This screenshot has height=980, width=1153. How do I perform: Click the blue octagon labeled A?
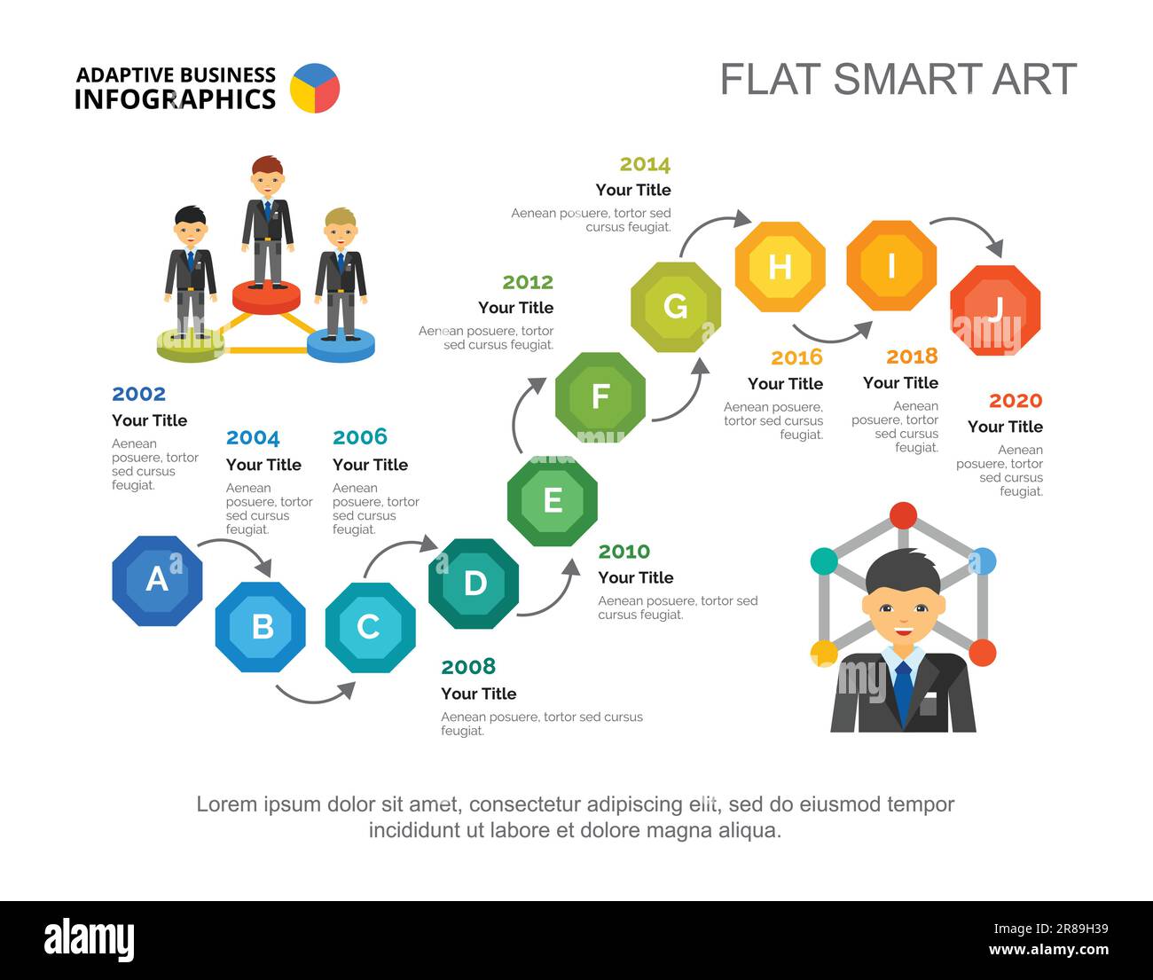pyautogui.click(x=157, y=581)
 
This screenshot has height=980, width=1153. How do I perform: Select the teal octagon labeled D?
pyautogui.click(x=474, y=584)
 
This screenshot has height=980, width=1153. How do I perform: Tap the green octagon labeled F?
pyautogui.click(x=600, y=397)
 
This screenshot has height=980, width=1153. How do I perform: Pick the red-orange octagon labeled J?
pyautogui.click(x=995, y=310)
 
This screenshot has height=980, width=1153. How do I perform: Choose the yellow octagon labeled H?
pyautogui.click(x=780, y=267)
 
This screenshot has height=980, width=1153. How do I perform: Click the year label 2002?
pyautogui.click(x=139, y=395)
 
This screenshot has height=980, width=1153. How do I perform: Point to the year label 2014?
pyautogui.click(x=645, y=165)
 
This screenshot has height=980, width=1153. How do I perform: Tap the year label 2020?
pyautogui.click(x=1016, y=401)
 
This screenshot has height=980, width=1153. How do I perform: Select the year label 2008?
pyautogui.click(x=468, y=667)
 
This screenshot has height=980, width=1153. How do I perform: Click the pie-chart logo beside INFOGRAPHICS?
pyautogui.click(x=315, y=88)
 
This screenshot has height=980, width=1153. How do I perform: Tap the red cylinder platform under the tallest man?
pyautogui.click(x=266, y=297)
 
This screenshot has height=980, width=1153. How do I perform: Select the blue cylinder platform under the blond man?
pyautogui.click(x=341, y=345)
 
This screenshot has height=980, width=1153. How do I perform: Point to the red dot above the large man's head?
pyautogui.click(x=903, y=515)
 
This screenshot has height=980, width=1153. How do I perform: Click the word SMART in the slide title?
pyautogui.click(x=907, y=79)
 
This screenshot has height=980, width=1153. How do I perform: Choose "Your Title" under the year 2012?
pyautogui.click(x=515, y=308)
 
